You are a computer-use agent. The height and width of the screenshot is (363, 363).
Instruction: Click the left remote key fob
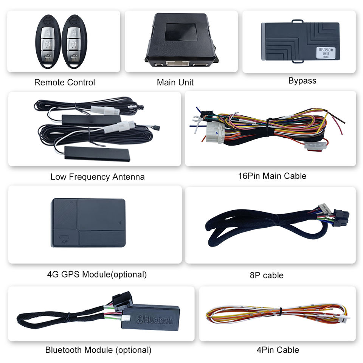[48, 41]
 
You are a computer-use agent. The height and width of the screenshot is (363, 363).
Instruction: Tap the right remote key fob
[74, 41]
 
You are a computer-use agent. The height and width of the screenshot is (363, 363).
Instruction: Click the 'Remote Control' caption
[64, 82]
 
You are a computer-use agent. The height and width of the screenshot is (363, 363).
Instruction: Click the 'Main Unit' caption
[175, 82]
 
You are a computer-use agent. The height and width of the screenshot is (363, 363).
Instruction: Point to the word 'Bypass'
[302, 81]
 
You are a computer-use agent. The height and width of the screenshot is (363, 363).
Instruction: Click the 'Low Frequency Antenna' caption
[98, 177]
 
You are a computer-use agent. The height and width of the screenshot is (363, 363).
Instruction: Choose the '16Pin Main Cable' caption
[272, 176]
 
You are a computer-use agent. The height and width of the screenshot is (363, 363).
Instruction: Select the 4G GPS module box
[88, 223]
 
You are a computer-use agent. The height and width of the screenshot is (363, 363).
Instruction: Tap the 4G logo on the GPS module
[62, 239]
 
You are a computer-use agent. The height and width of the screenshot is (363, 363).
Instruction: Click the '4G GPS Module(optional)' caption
[97, 275]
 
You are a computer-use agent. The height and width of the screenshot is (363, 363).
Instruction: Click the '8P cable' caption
[267, 275]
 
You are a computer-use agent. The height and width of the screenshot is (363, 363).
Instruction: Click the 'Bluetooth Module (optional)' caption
[98, 350]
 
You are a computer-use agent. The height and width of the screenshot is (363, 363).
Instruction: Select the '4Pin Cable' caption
[278, 350]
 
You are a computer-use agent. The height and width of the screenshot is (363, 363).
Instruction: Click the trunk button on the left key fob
[48, 55]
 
